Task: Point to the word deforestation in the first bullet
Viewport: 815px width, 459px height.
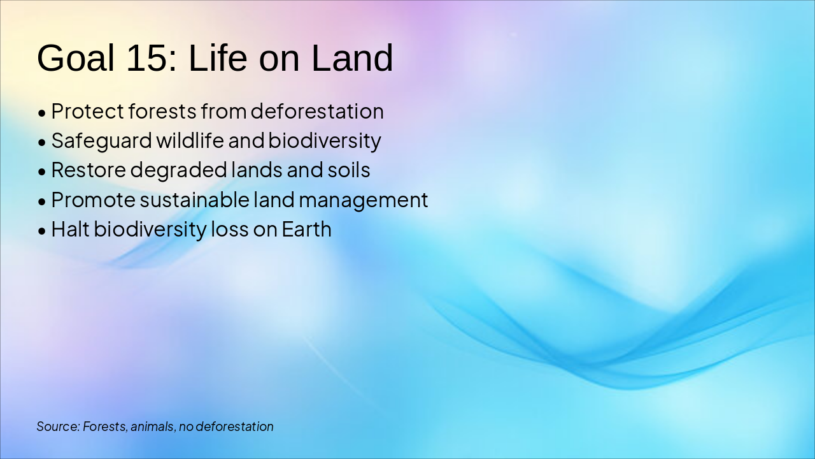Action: pyautogui.click(x=317, y=111)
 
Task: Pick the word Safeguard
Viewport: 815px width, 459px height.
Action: pyautogui.click(x=101, y=141)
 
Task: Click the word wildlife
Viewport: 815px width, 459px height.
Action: pyautogui.click(x=190, y=140)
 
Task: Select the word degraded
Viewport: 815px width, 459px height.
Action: pyautogui.click(x=178, y=171)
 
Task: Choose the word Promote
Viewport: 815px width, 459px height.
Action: pyautogui.click(x=93, y=200)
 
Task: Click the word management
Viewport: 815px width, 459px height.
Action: pyautogui.click(x=364, y=201)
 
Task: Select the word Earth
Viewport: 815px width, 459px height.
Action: pyautogui.click(x=306, y=229)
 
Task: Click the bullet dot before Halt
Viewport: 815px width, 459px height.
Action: pyautogui.click(x=42, y=231)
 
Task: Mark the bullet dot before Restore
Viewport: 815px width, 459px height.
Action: pyautogui.click(x=42, y=172)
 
